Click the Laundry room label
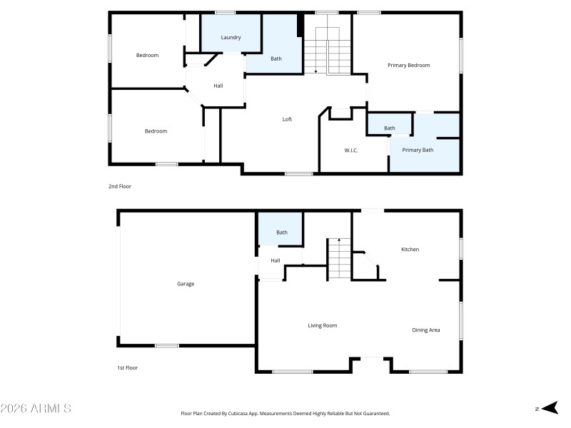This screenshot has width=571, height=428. pos(231,38)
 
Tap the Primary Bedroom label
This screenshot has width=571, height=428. pos(408,66)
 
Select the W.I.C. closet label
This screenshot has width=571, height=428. pos(350,151)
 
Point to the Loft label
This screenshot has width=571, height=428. pos(287,120)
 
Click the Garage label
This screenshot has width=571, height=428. pos(186,284)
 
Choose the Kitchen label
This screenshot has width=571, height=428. pos(410,250)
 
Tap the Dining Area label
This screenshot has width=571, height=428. pos(425,330)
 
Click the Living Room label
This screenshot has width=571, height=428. pos(322,326)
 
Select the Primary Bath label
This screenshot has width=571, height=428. pos(418,150)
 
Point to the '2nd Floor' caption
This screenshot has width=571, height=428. pos(120,186)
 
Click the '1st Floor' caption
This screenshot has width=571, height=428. pos(127,368)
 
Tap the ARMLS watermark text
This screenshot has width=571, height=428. pos(36,409)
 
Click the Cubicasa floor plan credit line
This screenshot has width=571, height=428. pos(285,414)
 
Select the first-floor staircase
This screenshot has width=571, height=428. pos(339,259)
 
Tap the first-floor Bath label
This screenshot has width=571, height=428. pos(282,233)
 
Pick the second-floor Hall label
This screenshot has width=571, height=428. pos(218,86)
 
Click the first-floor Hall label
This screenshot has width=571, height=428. pos(276,260)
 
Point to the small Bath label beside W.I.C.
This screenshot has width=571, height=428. pos(389,128)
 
